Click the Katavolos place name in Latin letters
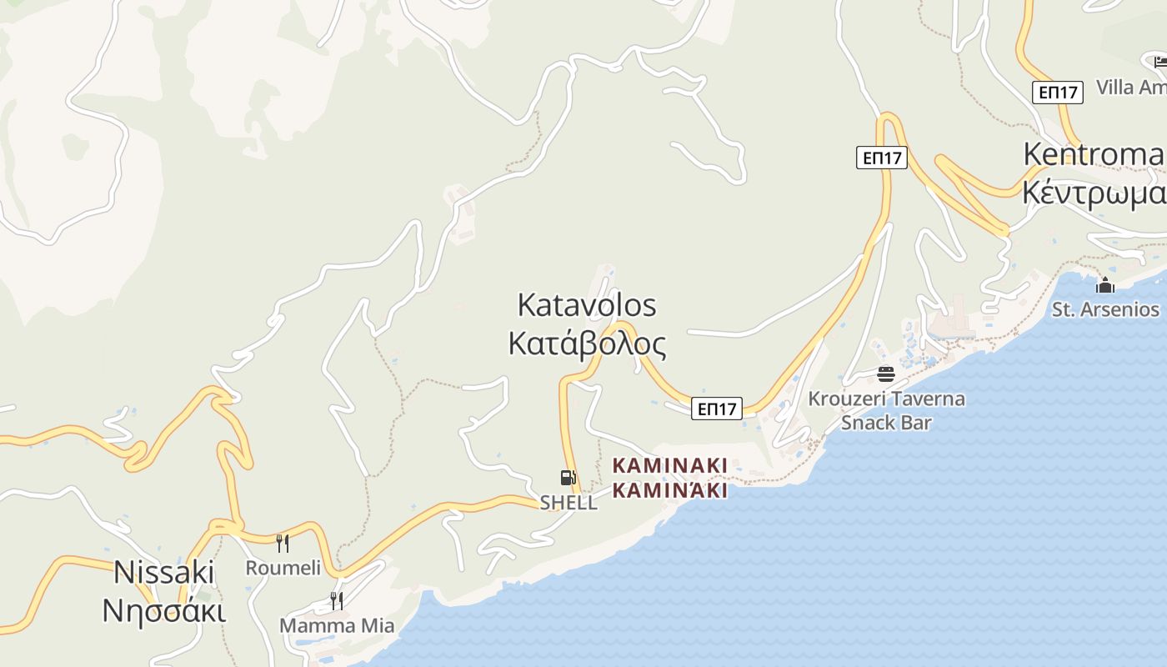[587, 305]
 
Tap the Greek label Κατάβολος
[587, 343]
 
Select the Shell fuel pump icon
[568, 478]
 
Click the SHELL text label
[568, 503]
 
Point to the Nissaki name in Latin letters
[164, 573]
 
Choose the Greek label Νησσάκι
[164, 610]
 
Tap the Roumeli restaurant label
[283, 569]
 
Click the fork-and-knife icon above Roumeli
[283, 544]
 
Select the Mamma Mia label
[337, 625]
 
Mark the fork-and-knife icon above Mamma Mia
[336, 600]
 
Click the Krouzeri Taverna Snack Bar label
[886, 410]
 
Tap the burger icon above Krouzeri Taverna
[885, 374]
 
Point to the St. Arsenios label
[1105, 310]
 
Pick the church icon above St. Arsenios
[1105, 286]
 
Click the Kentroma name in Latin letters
[1093, 154]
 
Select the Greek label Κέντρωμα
[1093, 193]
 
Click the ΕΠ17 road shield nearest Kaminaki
[717, 409]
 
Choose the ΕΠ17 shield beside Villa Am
[1058, 93]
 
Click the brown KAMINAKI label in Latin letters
[670, 464]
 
